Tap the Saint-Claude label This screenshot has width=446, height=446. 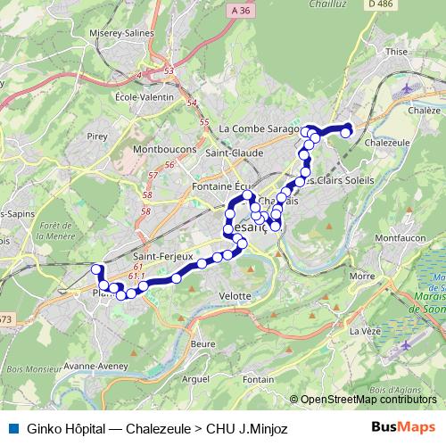pos(234,153)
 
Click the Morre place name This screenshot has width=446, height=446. pos(362,277)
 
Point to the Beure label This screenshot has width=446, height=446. pos(204,343)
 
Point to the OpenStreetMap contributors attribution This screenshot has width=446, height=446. pos(369,400)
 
